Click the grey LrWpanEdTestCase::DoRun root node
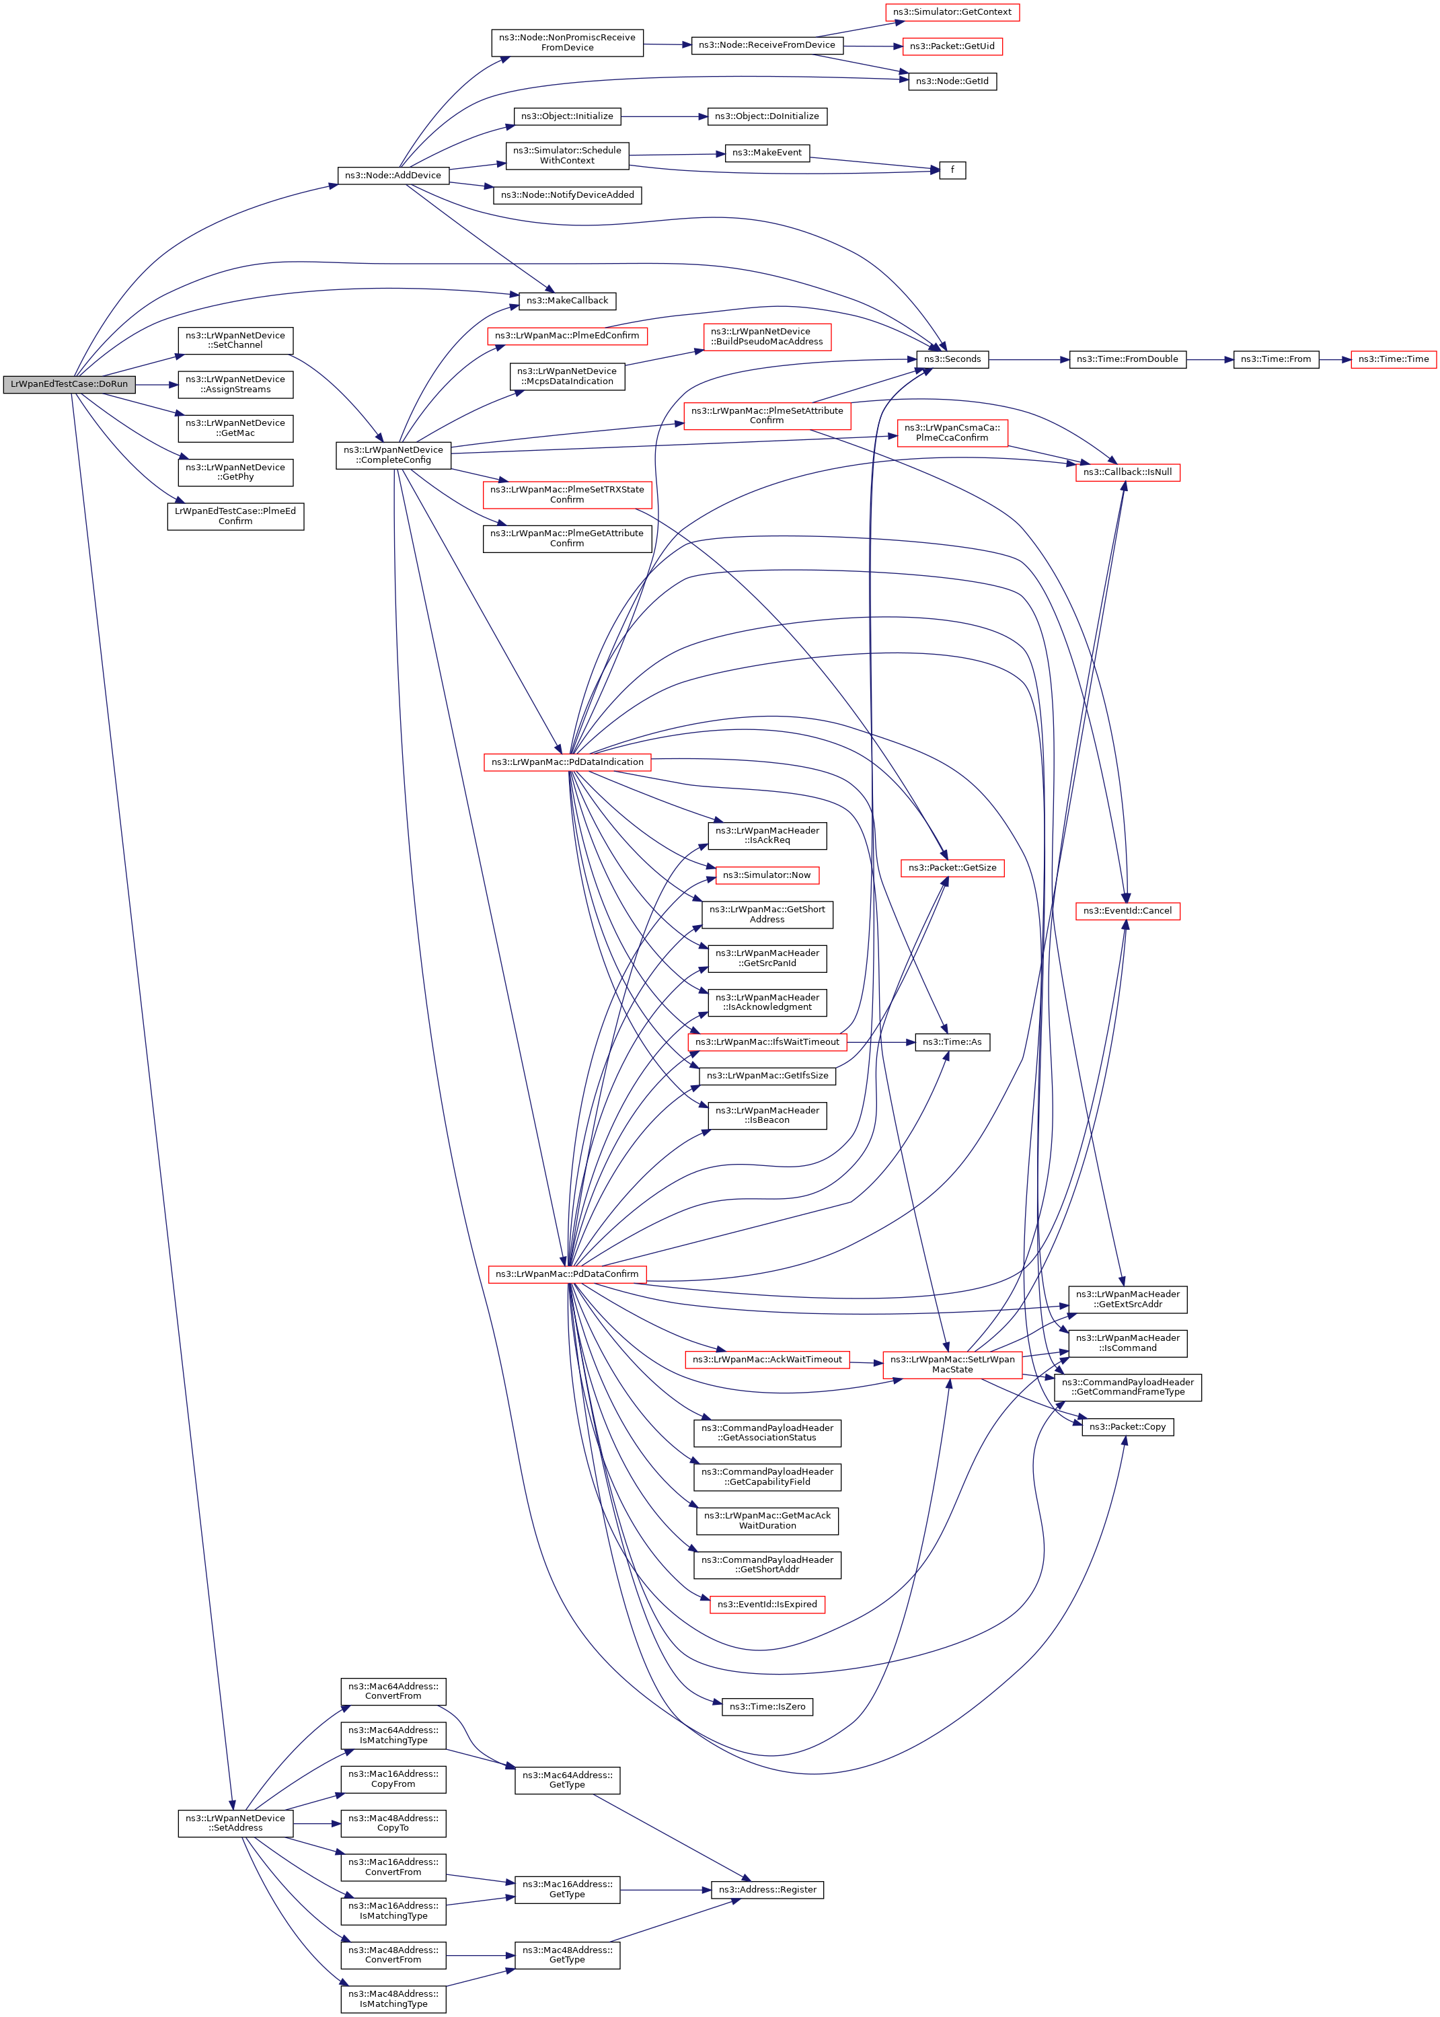click(69, 384)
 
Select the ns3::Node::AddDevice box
click(393, 176)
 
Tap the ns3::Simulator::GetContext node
click(952, 12)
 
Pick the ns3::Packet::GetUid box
click(952, 46)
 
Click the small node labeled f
click(952, 170)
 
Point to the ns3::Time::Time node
click(1392, 359)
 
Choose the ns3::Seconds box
click(952, 359)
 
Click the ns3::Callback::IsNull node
click(1127, 472)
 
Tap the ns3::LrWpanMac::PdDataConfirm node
click(566, 1274)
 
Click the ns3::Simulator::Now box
click(766, 875)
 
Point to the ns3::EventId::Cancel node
click(1127, 911)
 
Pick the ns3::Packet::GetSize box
click(952, 867)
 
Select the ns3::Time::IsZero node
click(767, 1707)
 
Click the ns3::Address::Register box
click(767, 1889)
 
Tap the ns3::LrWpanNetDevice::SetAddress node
click(235, 1823)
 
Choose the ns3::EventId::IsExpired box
click(767, 1605)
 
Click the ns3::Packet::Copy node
click(1127, 1427)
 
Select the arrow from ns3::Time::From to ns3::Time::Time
click(1334, 359)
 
